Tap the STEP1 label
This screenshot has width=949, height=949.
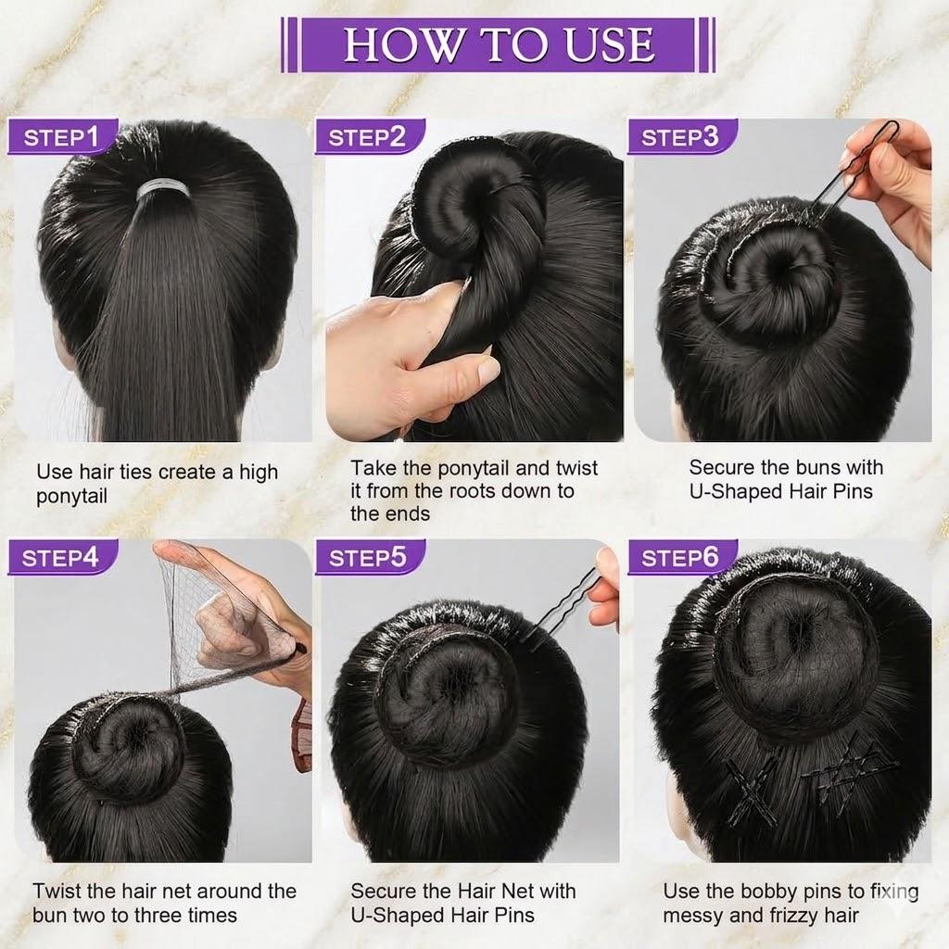tap(61, 137)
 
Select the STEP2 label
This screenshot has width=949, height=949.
tap(368, 137)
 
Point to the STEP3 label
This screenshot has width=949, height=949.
tap(680, 137)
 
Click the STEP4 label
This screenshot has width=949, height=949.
tap(61, 558)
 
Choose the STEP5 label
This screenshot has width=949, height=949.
tap(368, 558)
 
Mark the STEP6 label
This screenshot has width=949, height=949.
tap(680, 558)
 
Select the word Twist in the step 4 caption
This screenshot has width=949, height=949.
tap(57, 892)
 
